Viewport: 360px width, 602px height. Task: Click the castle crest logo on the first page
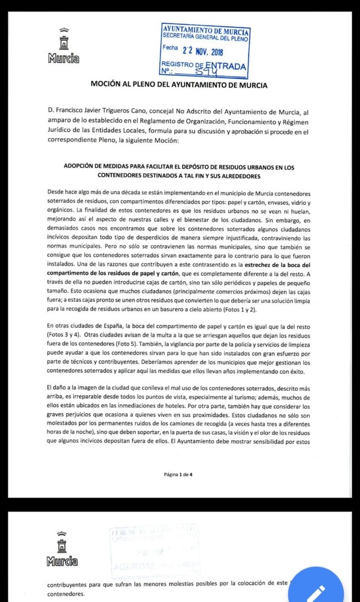(64, 40)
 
